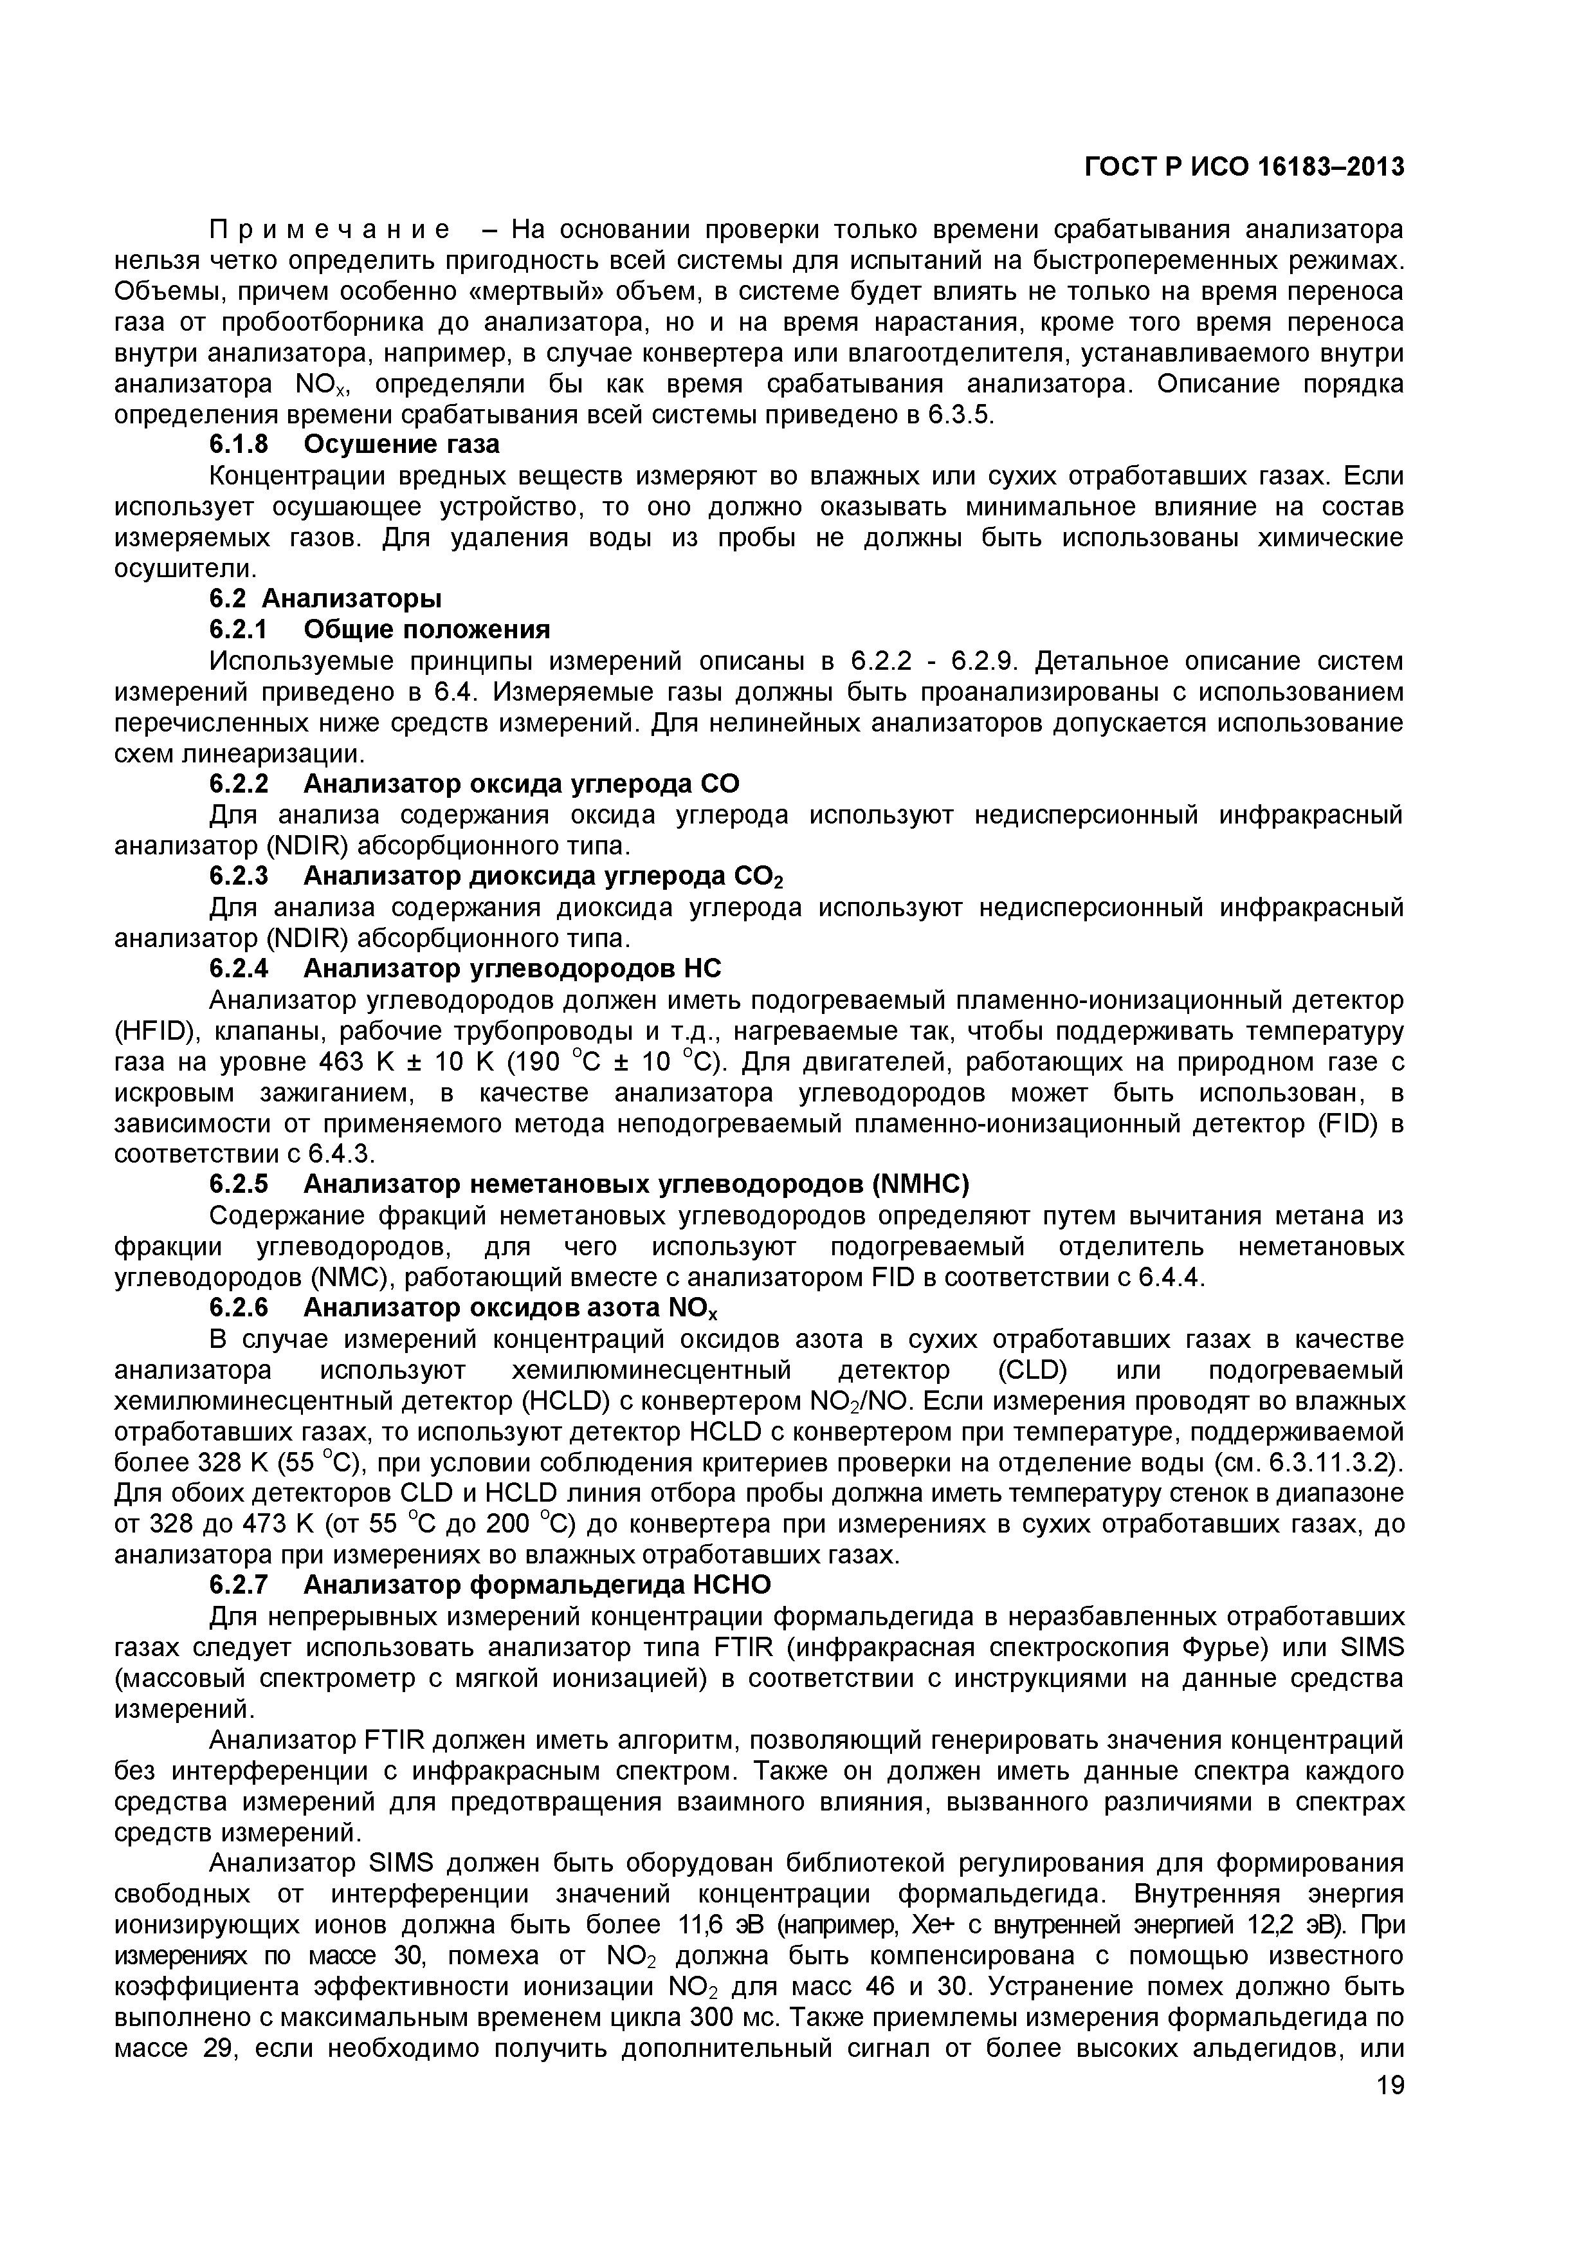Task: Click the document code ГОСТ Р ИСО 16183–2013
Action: (x=1244, y=167)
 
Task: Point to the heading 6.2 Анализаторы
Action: (x=325, y=598)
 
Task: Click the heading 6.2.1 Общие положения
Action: (x=379, y=629)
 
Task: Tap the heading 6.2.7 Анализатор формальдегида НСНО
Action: (x=489, y=1585)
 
